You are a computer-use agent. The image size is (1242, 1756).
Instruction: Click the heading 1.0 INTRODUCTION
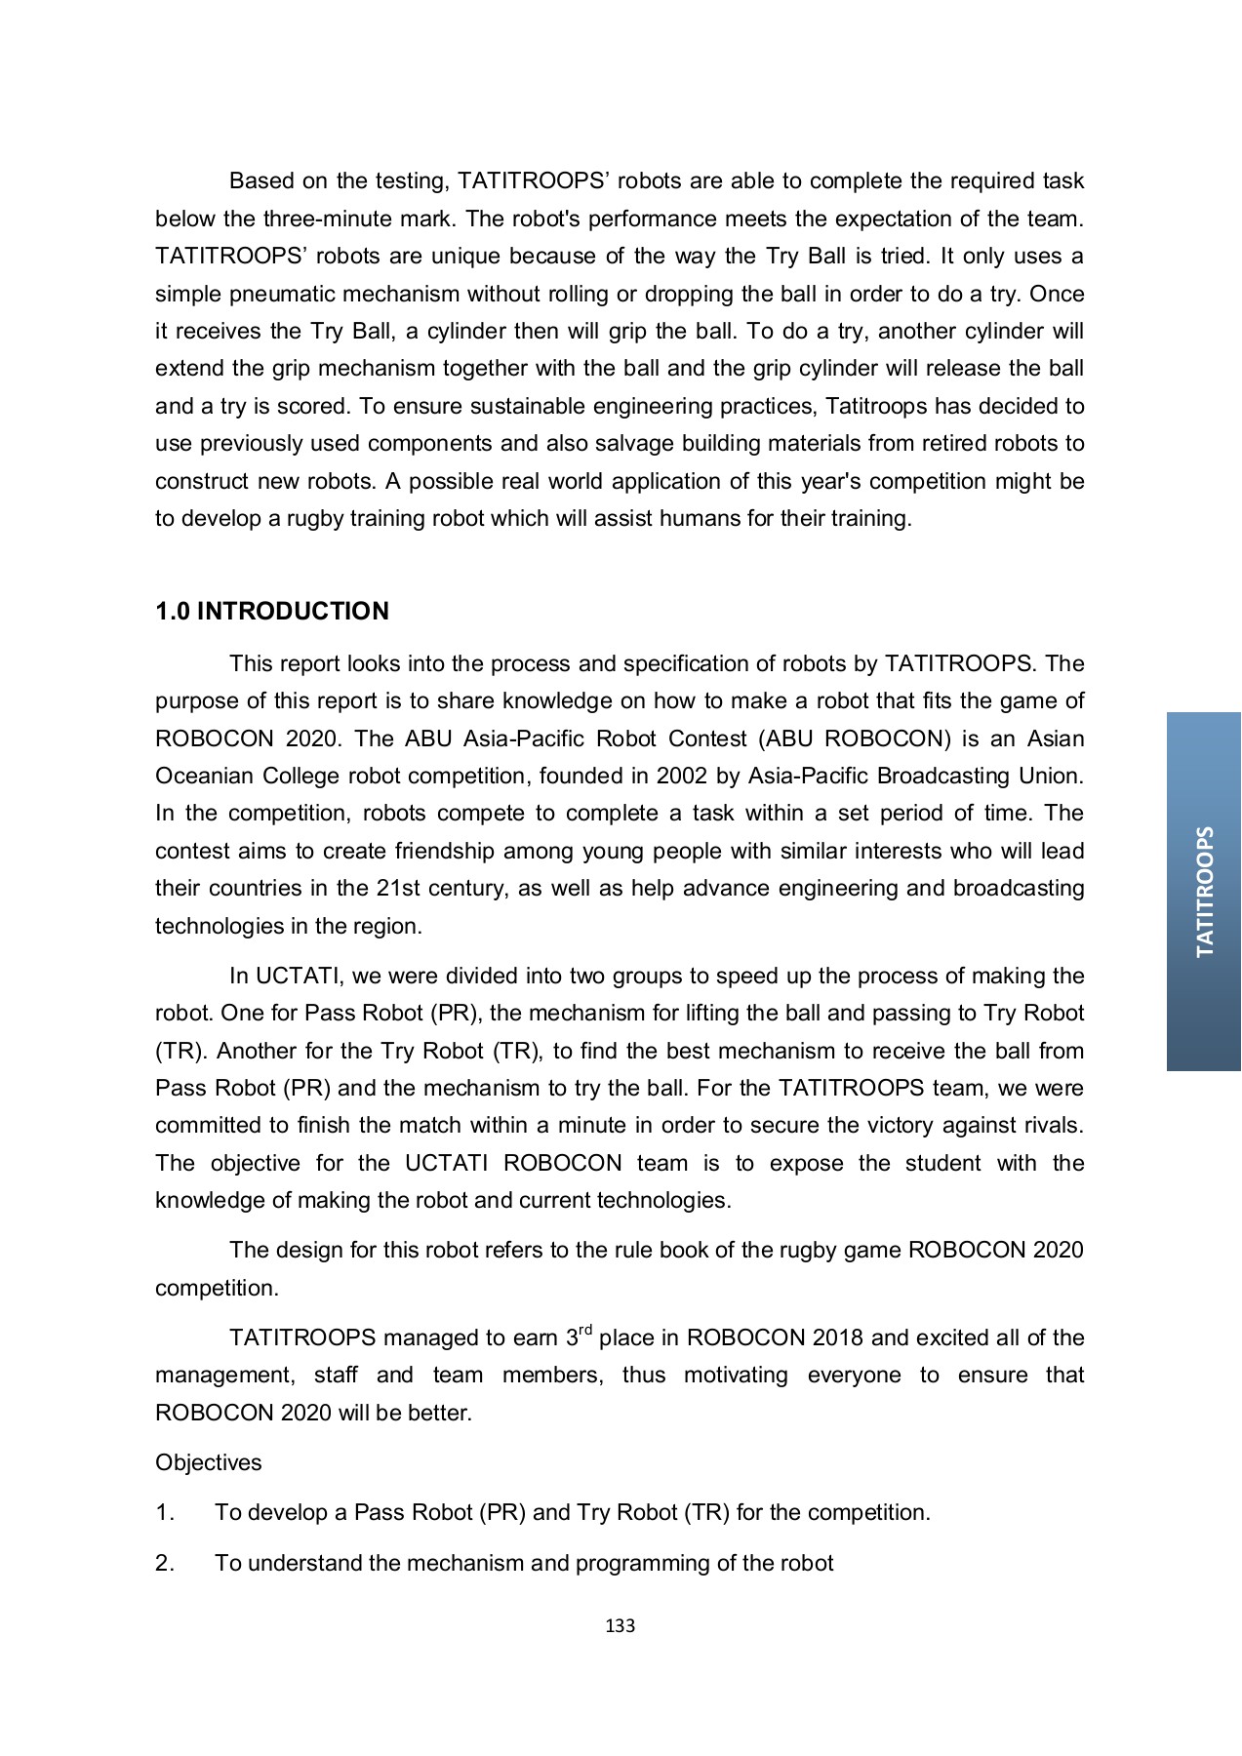pyautogui.click(x=271, y=612)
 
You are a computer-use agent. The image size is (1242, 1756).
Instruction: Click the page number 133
pyautogui.click(x=620, y=1625)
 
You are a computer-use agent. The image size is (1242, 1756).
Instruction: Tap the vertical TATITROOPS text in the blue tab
pyautogui.click(x=1205, y=892)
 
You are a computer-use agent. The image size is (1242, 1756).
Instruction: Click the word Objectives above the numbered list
pyautogui.click(x=208, y=1462)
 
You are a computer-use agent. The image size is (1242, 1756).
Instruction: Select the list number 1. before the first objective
pyautogui.click(x=165, y=1513)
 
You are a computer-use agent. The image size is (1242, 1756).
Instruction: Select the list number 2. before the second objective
pyautogui.click(x=165, y=1564)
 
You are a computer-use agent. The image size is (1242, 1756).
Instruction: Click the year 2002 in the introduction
pyautogui.click(x=682, y=777)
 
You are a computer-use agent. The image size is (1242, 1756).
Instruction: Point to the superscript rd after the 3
pyautogui.click(x=585, y=1331)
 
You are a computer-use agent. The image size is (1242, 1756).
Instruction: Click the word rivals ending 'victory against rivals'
pyautogui.click(x=1052, y=1126)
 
